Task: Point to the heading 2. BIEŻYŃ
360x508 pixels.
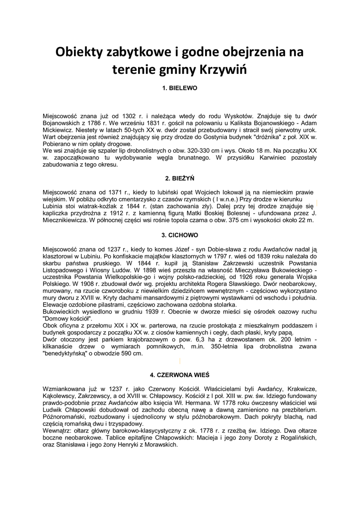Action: (x=180, y=178)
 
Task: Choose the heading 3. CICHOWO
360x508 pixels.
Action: (x=180, y=234)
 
